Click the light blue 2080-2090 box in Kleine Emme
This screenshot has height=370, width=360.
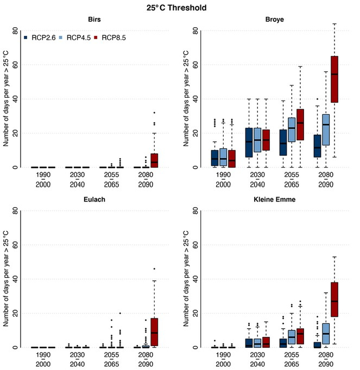click(x=326, y=334)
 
